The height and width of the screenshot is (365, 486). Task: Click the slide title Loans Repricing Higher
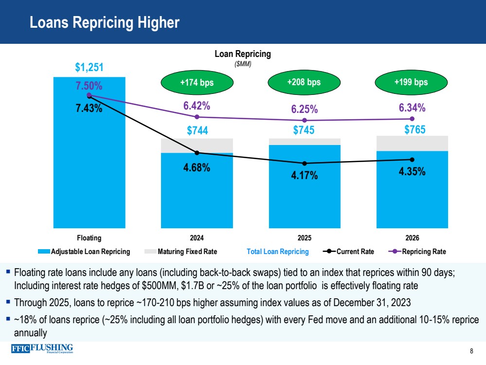(x=105, y=22)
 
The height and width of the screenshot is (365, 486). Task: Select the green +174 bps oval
(x=197, y=82)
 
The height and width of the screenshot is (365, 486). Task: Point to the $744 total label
(x=197, y=130)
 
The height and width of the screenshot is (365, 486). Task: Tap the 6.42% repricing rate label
(x=197, y=106)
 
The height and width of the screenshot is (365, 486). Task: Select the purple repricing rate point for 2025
(x=305, y=121)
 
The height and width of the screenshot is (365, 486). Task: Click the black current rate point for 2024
(x=197, y=153)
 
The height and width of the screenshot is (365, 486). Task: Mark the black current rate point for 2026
(x=413, y=160)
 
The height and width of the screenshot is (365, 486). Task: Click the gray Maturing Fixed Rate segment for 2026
(x=413, y=143)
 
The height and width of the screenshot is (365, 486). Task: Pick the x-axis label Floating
(x=90, y=238)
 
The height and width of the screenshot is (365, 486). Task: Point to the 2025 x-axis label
(x=305, y=238)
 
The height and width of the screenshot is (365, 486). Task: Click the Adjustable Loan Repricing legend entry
(x=84, y=252)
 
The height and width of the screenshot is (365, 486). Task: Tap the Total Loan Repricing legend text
(x=278, y=252)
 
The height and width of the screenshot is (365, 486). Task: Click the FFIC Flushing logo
(x=42, y=349)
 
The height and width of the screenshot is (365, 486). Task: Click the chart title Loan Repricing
(x=243, y=55)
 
